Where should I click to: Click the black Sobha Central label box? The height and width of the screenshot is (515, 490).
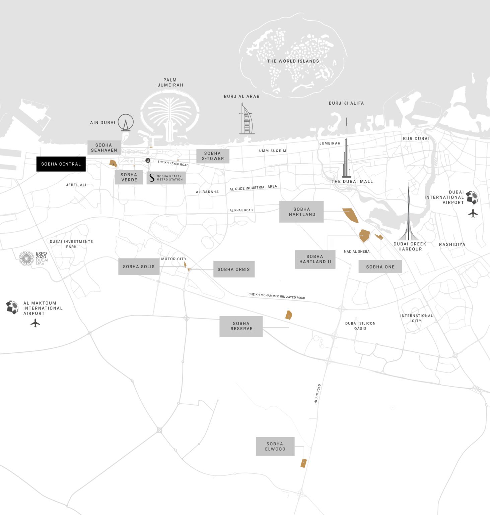click(x=61, y=164)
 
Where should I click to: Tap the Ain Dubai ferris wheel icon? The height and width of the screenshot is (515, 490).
click(x=126, y=122)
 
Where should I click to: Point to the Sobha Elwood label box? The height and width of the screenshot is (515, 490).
click(x=275, y=446)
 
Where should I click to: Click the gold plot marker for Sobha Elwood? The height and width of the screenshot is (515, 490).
click(x=303, y=463)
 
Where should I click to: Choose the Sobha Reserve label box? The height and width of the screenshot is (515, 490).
click(x=241, y=326)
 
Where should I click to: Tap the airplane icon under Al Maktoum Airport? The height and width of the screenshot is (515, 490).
click(x=35, y=323)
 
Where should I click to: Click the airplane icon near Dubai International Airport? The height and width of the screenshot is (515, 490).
click(x=473, y=213)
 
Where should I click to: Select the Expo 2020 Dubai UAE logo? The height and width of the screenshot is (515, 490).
click(x=33, y=258)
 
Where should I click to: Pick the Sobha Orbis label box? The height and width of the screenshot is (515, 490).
click(x=234, y=269)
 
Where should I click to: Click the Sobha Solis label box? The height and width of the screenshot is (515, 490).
click(x=139, y=267)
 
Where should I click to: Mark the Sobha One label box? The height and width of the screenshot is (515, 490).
click(x=380, y=267)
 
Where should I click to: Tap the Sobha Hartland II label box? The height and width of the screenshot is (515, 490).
click(x=315, y=259)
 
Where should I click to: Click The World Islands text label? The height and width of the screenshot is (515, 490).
click(x=293, y=61)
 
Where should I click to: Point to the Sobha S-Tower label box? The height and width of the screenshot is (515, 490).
click(x=213, y=156)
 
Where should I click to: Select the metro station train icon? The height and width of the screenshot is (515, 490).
click(x=148, y=160)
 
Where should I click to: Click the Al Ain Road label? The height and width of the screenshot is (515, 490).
click(x=318, y=393)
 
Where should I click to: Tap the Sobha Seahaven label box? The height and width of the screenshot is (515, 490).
click(x=104, y=148)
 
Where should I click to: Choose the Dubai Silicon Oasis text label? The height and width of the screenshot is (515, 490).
click(x=360, y=326)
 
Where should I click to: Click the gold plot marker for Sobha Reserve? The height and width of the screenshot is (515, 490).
click(x=289, y=315)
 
